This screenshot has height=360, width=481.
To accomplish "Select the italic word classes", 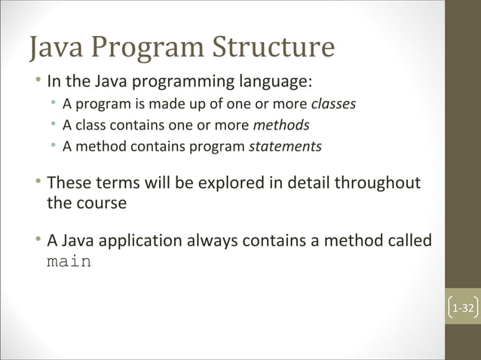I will click(333, 103).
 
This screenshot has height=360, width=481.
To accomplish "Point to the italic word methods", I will click(281, 124).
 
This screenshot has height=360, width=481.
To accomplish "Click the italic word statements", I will click(285, 146).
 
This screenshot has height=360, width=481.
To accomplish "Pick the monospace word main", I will click(69, 263).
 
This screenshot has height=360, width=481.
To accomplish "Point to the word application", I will click(134, 242).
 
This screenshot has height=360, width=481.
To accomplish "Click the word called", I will click(407, 241).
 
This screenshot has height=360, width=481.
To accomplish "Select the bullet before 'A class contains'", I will click(54, 124).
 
